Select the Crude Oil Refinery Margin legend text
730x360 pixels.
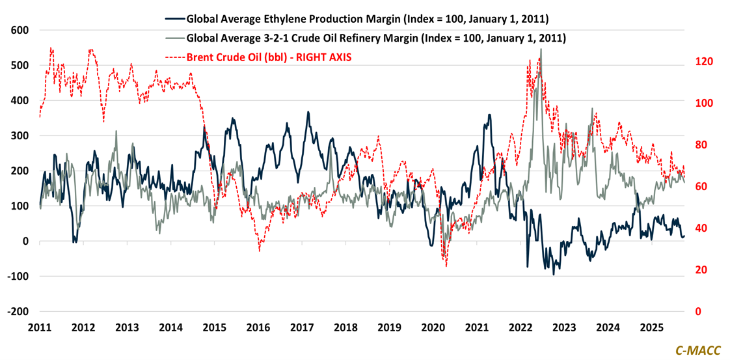tap(376, 38)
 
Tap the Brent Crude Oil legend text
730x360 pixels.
tap(269, 57)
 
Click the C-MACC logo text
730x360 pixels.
tap(697, 350)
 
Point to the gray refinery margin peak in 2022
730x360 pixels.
tap(541, 49)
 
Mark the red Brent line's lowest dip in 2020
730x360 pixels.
tap(446, 266)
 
